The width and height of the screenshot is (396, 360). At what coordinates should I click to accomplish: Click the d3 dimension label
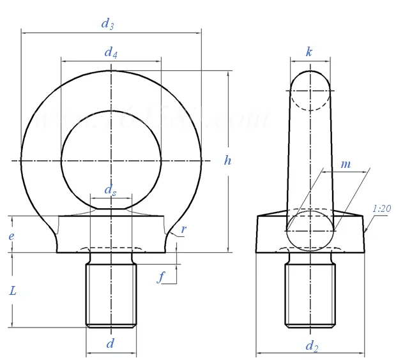point(107,24)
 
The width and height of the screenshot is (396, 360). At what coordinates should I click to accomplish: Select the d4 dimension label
point(110,52)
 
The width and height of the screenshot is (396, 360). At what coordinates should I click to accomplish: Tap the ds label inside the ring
point(110,190)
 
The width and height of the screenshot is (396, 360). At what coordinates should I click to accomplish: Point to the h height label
point(227,160)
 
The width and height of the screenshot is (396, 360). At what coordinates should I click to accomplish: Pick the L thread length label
point(13,290)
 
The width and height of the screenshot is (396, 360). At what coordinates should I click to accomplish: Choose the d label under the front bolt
point(110,343)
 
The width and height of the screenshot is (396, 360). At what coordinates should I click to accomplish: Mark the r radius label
point(183,229)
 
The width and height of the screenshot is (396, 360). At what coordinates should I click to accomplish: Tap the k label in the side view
point(309,52)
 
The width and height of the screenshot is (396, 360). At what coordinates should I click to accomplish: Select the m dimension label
point(346,164)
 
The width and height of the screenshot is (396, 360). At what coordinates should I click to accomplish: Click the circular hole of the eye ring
point(111,160)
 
